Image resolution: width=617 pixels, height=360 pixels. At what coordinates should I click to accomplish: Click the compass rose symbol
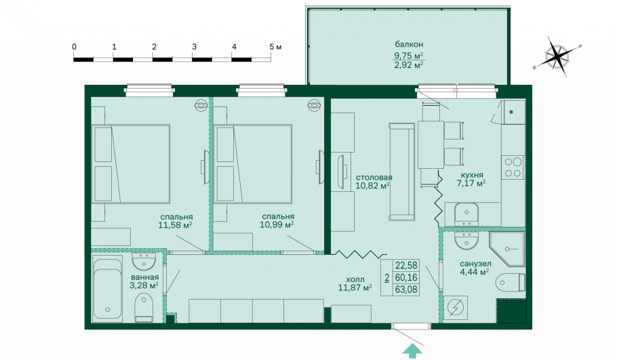[557, 56]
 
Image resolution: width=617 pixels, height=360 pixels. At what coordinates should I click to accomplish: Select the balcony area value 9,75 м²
[409, 55]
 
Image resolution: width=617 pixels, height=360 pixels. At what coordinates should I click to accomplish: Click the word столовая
[374, 178]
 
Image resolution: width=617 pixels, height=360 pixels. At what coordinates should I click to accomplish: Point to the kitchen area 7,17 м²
[471, 183]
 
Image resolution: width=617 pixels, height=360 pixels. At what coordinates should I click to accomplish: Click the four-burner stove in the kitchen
[513, 167]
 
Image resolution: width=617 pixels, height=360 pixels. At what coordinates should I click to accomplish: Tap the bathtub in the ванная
[106, 288]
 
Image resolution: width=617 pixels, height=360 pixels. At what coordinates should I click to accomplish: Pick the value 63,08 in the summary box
[406, 290]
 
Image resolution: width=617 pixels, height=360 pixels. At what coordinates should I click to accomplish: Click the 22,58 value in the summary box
[406, 265]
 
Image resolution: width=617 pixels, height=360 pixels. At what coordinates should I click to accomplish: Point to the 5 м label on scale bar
[275, 46]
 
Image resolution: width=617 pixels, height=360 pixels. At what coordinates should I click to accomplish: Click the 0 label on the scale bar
[75, 46]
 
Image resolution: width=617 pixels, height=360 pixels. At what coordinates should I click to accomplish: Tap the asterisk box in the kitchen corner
[513, 112]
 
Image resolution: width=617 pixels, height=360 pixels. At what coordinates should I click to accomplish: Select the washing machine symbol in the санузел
[456, 306]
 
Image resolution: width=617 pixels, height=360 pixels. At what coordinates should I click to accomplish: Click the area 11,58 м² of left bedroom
[175, 225]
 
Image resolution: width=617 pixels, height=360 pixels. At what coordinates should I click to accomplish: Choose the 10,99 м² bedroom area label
[277, 224]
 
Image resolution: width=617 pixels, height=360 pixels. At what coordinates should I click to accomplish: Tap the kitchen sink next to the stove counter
[466, 214]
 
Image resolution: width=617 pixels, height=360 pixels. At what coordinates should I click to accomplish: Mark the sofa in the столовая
[402, 171]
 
